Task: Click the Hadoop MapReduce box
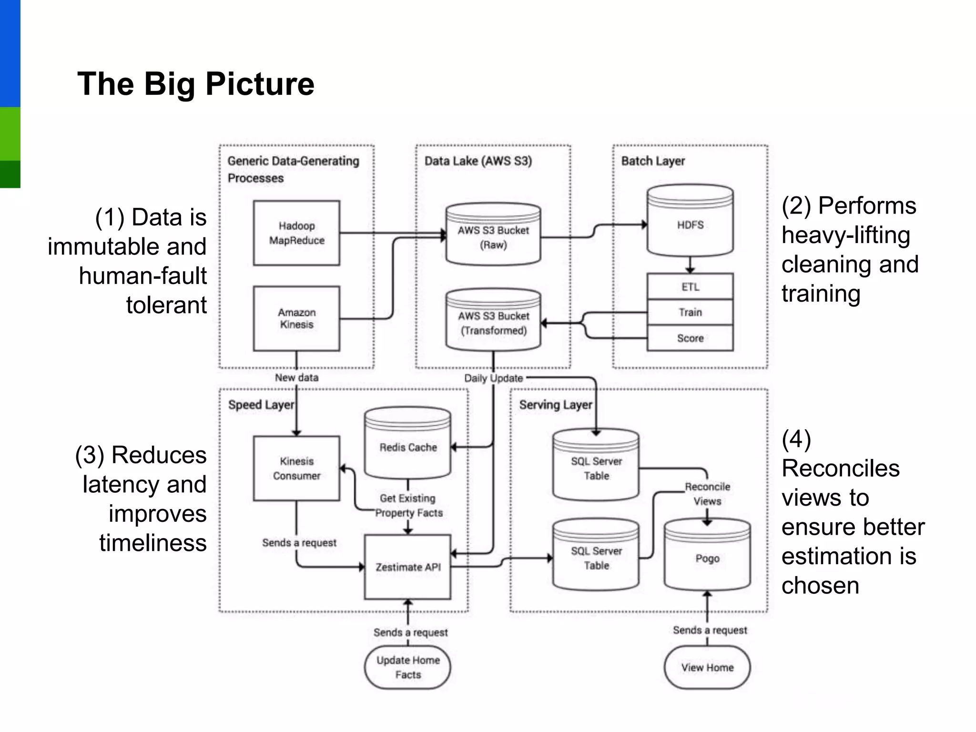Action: pyautogui.click(x=296, y=233)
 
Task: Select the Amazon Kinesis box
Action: pyautogui.click(x=296, y=318)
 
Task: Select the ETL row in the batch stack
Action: pyautogui.click(x=690, y=286)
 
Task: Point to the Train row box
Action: pyautogui.click(x=690, y=312)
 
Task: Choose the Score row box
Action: pyautogui.click(x=690, y=338)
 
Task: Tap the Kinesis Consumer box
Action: pyautogui.click(x=296, y=468)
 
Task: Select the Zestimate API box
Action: pyautogui.click(x=407, y=567)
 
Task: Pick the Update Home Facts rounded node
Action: pyautogui.click(x=407, y=667)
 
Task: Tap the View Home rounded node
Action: pyautogui.click(x=707, y=667)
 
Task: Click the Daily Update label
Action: pyautogui.click(x=493, y=378)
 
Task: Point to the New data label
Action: pyautogui.click(x=296, y=377)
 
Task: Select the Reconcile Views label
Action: pyautogui.click(x=707, y=494)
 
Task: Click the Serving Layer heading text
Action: pyautogui.click(x=556, y=405)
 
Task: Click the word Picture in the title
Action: pyautogui.click(x=260, y=84)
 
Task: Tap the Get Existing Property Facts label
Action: pyautogui.click(x=408, y=506)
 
